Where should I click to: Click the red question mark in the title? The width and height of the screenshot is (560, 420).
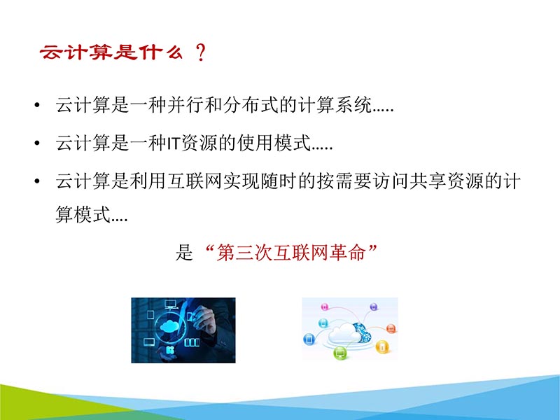pos(202,54)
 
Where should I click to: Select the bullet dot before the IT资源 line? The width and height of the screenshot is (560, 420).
pos(36,144)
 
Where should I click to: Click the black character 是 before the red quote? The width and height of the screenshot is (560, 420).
pos(183,253)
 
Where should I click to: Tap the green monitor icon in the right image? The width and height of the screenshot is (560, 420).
pos(340,353)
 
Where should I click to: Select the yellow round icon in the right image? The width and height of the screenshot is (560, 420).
pos(381,346)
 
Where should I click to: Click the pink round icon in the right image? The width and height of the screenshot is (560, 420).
pos(324,307)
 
